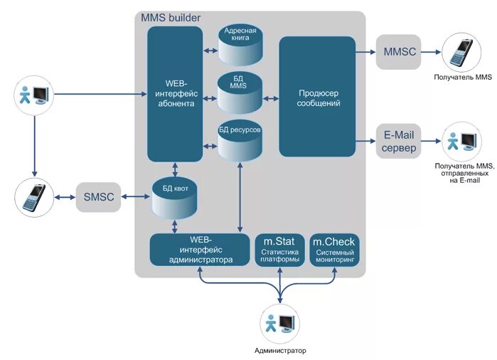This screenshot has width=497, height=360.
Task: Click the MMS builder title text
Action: coord(171,17)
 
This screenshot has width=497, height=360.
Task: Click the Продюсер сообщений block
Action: coord(316,97)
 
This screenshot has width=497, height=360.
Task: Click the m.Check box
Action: coord(333,250)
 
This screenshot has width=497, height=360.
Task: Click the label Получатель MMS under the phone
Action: coord(463,76)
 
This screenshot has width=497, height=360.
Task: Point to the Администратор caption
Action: coord(279,351)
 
